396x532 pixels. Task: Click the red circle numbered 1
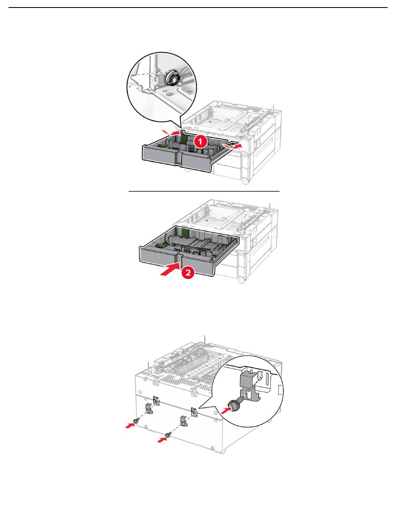pyautogui.click(x=200, y=142)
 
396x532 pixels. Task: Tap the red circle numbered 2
pyautogui.click(x=188, y=273)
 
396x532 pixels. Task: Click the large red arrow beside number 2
pyautogui.click(x=170, y=269)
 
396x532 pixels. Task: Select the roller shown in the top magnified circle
pyautogui.click(x=170, y=78)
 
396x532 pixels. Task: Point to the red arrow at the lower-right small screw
pyautogui.click(x=160, y=439)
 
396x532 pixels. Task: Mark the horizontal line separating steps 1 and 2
pyautogui.click(x=203, y=191)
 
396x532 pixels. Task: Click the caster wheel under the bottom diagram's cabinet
pyautogui.click(x=223, y=451)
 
